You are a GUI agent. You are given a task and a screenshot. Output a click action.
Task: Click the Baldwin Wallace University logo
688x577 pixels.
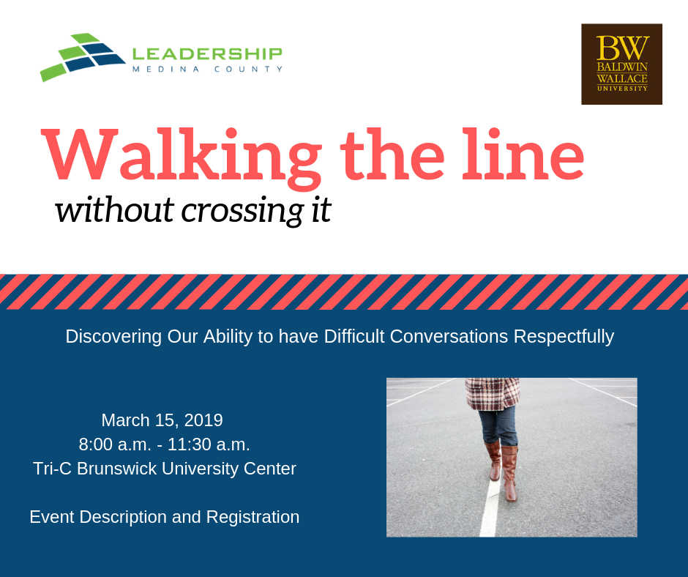[621, 64]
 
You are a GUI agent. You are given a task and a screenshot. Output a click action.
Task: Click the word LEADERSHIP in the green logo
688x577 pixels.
[207, 54]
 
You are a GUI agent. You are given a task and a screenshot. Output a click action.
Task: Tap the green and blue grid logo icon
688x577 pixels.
[83, 57]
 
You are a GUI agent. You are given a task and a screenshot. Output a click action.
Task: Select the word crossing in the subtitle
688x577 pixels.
[242, 211]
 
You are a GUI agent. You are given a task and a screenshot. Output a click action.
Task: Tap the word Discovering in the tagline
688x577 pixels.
[113, 337]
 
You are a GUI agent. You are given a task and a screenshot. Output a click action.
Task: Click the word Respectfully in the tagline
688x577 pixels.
[564, 338]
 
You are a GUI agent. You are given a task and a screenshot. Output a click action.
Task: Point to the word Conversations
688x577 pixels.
[449, 337]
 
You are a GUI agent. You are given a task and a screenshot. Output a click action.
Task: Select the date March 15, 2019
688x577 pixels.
[162, 421]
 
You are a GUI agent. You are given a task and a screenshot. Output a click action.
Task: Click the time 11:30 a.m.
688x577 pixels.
[209, 444]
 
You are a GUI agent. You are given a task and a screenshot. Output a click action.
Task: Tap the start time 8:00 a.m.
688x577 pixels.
[115, 444]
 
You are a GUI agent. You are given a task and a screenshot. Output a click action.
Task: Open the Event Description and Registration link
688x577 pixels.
[165, 517]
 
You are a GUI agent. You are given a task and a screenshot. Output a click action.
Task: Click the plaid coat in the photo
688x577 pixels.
[493, 394]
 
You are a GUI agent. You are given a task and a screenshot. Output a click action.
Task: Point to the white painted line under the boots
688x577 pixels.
[490, 507]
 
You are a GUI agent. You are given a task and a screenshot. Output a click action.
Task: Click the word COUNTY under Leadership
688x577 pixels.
[248, 69]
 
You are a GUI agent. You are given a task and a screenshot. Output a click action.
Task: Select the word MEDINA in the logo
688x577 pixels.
[166, 69]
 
